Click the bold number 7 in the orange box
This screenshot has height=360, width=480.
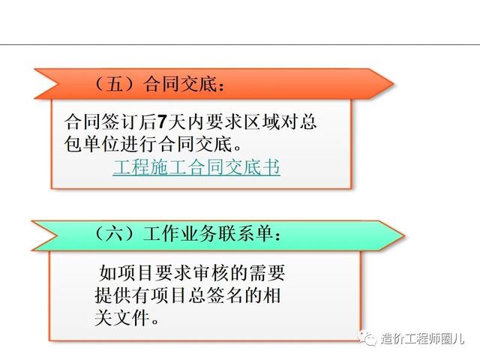pos(161,121)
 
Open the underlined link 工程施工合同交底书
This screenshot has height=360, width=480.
pos(196,167)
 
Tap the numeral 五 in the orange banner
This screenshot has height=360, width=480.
pos(115,84)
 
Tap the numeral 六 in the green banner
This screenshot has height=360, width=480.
pos(114,234)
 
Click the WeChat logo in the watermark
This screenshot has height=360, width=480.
pos(367,338)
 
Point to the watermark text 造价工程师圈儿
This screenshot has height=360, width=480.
pos(422,339)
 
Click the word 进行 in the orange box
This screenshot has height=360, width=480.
pos(139,144)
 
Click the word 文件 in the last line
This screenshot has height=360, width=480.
pos(132,318)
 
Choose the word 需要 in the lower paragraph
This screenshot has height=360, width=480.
pos(267,273)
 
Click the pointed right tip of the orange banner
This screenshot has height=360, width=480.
pos(393,83)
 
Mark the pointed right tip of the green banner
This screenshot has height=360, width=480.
pos(404,235)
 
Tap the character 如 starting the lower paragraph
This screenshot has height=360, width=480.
pos(109,273)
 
